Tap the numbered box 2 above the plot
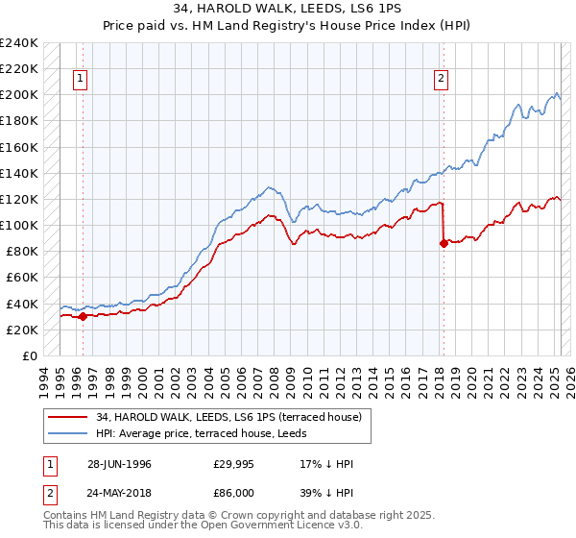click(441, 80)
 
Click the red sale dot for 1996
click(84, 316)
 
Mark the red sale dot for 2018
click(444, 243)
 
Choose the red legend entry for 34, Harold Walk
click(228, 417)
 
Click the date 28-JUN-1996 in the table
click(119, 464)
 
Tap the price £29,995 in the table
click(233, 464)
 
